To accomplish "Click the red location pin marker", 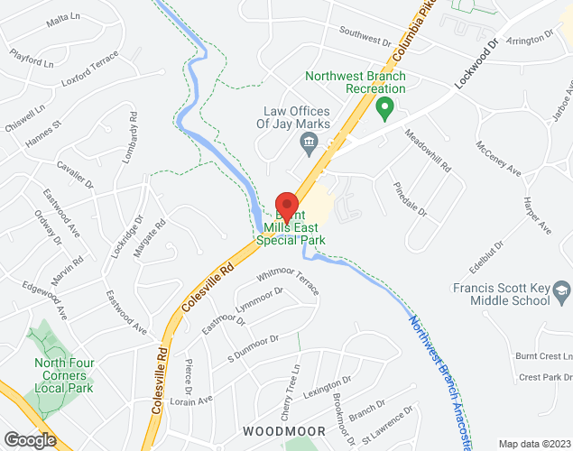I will click(x=287, y=207).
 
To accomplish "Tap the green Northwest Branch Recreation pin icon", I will click(x=384, y=109).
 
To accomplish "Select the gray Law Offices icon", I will click(x=308, y=143).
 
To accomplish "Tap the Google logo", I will click(x=29, y=439).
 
